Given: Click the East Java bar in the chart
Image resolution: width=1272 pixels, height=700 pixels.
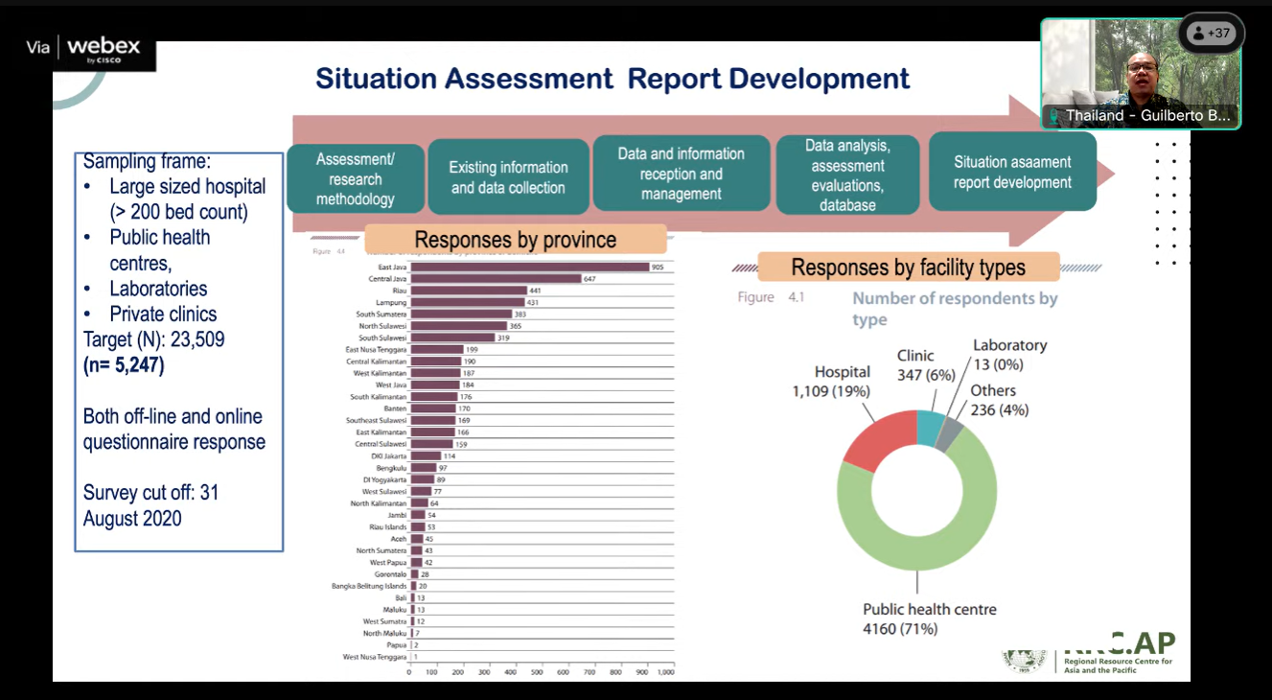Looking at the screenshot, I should (x=530, y=267).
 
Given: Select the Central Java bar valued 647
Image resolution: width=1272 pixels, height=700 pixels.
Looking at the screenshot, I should (x=497, y=278).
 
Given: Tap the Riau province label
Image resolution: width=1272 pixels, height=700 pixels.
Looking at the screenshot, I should (x=399, y=291).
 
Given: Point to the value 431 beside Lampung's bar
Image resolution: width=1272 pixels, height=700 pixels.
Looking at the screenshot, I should (x=533, y=302).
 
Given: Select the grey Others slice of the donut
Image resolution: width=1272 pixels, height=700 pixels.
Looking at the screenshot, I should (x=949, y=434).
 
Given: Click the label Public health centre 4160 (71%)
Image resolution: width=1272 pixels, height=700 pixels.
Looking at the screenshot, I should (x=929, y=618).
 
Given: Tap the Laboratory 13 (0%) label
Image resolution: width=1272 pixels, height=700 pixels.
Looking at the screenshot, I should (x=1009, y=354).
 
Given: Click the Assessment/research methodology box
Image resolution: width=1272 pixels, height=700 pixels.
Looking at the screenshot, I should (x=356, y=179).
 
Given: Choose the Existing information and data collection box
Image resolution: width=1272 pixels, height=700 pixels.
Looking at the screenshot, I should (x=508, y=177).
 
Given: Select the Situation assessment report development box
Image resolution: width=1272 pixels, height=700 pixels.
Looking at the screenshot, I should (x=1012, y=172).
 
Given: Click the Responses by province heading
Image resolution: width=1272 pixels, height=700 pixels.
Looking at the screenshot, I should (x=515, y=240).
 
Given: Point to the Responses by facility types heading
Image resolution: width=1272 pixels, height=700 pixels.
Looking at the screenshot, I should (x=908, y=267).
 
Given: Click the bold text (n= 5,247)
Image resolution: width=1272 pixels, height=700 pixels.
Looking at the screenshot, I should (x=124, y=364).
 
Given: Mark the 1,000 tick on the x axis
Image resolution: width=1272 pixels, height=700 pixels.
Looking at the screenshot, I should (x=665, y=671).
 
